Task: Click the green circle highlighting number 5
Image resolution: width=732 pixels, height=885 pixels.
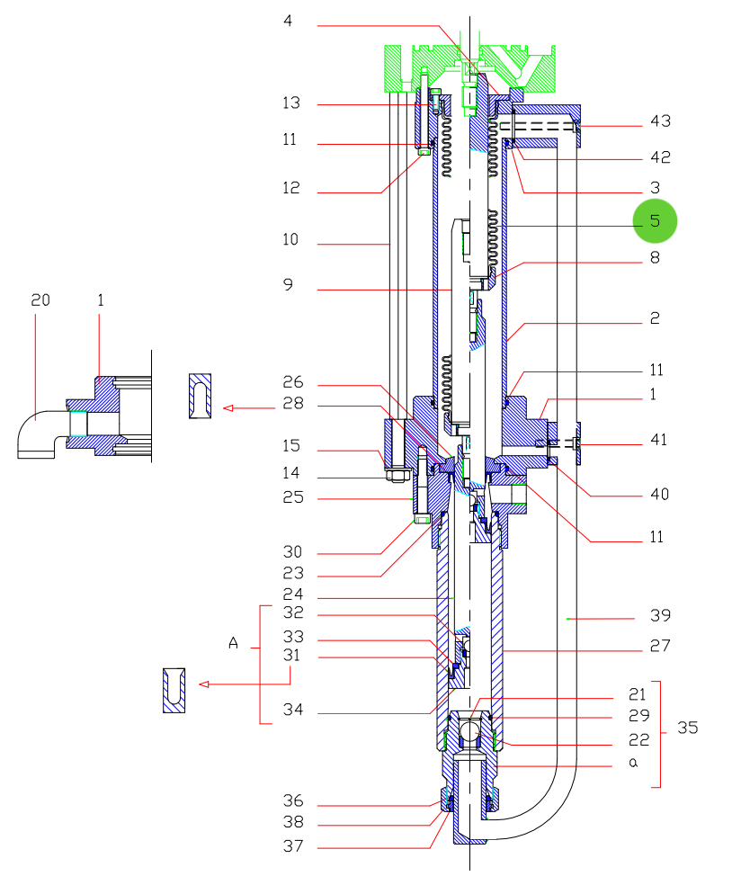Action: tap(655, 220)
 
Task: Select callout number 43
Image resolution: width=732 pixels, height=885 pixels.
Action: tap(660, 121)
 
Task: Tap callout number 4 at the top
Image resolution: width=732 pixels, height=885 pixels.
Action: tap(288, 21)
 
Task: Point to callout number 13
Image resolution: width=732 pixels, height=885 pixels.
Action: tap(291, 103)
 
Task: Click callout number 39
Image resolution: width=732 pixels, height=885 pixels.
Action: tap(660, 615)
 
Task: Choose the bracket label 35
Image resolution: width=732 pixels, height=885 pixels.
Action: tap(687, 728)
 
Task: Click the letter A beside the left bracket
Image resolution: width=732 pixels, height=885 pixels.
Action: tap(233, 643)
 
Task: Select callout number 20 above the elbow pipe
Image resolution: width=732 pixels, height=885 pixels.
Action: tap(40, 300)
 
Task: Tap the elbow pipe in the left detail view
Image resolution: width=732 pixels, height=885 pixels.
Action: tap(39, 433)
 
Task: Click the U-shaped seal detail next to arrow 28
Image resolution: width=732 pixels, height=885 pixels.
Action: tap(201, 396)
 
